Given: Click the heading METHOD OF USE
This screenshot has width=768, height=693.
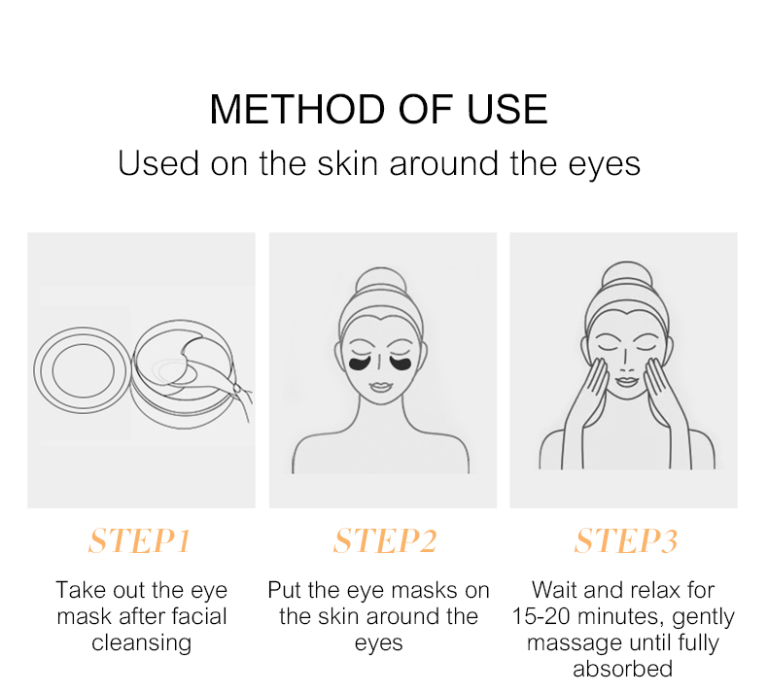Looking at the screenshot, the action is coord(378,109).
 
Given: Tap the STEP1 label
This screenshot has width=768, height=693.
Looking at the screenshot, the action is coord(140,540).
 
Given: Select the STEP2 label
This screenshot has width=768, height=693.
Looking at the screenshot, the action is coord(385,540).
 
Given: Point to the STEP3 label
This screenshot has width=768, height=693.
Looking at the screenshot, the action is coord(626,540).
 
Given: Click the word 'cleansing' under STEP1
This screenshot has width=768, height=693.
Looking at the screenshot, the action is coord(141,643).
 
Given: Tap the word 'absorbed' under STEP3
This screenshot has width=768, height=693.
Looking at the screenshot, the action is coord(622,669).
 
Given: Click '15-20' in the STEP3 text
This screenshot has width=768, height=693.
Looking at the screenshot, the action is coord(541,616).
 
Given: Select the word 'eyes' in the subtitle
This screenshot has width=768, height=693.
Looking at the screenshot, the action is coord(604,165).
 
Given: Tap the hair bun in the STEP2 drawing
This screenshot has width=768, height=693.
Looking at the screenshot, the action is coord(380,282).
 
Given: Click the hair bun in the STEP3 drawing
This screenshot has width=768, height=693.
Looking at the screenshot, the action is coord(627,277).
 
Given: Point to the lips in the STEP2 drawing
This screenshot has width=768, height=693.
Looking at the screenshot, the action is coord(379,387).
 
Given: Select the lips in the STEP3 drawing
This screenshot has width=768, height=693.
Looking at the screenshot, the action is coord(625,381).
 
